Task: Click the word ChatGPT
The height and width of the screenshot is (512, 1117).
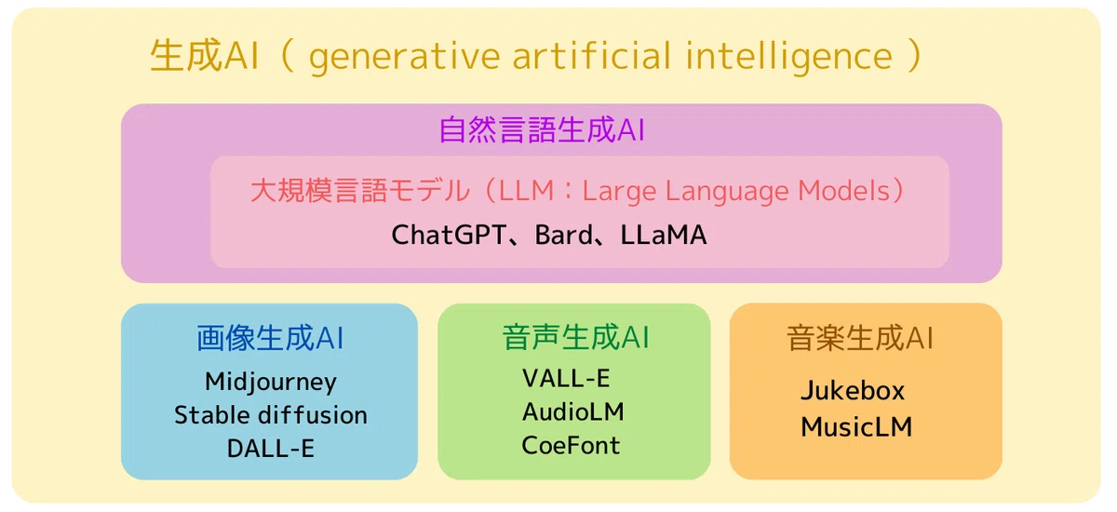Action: pyautogui.click(x=449, y=235)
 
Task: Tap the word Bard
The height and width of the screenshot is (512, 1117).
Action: pyautogui.click(x=563, y=235)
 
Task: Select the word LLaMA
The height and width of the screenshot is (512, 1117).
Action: pyautogui.click(x=663, y=235)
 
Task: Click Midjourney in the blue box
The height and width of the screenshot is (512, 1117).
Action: pyautogui.click(x=271, y=383)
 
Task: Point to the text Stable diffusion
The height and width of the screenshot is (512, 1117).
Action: pyautogui.click(x=271, y=415)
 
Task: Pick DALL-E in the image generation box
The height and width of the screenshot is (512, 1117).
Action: pyautogui.click(x=271, y=448)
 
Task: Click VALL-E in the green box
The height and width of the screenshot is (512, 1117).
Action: pyautogui.click(x=566, y=378)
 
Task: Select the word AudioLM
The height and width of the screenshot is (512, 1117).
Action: pyautogui.click(x=573, y=411)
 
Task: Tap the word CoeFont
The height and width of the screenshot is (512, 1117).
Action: pyautogui.click(x=571, y=445)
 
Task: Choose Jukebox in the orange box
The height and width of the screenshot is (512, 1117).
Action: pyautogui.click(x=853, y=390)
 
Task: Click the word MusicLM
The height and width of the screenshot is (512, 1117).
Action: pyautogui.click(x=856, y=427)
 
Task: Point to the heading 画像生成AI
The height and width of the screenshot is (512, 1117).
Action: pyautogui.click(x=270, y=338)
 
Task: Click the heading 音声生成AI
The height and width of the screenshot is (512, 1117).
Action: pyautogui.click(x=575, y=337)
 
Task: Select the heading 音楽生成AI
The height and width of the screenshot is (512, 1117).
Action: pyautogui.click(x=860, y=338)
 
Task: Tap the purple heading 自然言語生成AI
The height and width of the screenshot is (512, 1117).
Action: pyautogui.click(x=542, y=129)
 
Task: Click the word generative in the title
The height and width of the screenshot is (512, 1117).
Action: pyautogui.click(x=404, y=57)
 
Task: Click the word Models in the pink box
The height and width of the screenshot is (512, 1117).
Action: pyautogui.click(x=843, y=191)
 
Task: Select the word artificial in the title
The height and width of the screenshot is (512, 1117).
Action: pyautogui.click(x=592, y=55)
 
